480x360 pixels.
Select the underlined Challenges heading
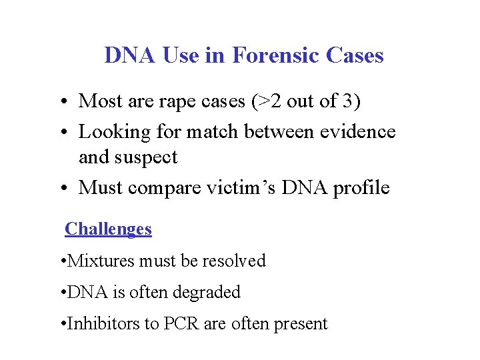108,229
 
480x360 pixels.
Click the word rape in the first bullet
171,101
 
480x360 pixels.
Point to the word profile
363,188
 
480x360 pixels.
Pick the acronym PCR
183,324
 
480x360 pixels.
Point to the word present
296,324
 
